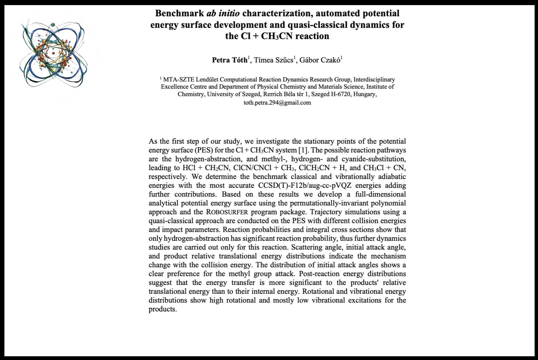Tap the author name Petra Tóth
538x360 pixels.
click(x=230, y=60)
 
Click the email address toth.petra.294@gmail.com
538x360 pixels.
click(x=277, y=103)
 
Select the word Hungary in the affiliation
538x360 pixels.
click(x=364, y=94)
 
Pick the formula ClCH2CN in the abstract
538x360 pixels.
click(x=315, y=168)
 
